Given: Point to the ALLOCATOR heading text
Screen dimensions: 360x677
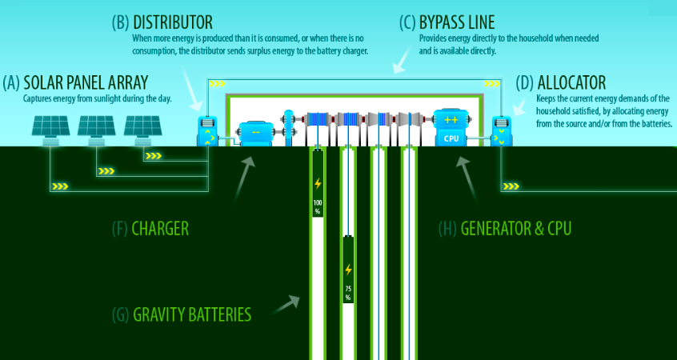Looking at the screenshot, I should pos(571,82).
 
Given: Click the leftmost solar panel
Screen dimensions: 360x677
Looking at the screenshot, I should pos(50,128).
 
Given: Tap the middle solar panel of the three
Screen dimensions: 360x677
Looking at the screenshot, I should pos(97,128).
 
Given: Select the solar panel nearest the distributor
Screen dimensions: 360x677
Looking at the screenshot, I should pos(143,128).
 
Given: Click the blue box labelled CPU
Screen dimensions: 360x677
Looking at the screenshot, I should pos(450,128).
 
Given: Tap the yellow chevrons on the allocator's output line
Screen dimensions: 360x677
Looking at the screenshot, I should pos(511,186).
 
